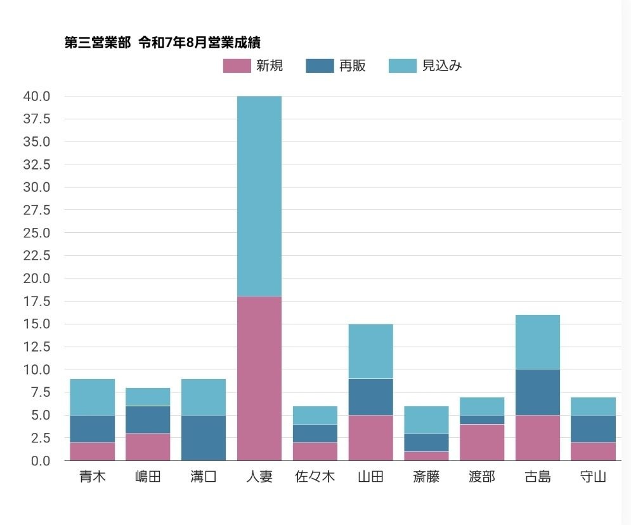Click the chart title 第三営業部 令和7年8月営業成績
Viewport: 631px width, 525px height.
click(163, 43)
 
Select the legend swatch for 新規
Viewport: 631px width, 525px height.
click(237, 66)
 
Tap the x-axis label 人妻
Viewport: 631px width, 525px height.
click(259, 477)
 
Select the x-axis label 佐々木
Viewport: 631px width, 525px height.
click(315, 477)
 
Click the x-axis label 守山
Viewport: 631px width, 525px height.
click(593, 477)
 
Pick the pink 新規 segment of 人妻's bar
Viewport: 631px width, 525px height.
click(259, 378)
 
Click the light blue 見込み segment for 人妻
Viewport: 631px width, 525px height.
click(259, 196)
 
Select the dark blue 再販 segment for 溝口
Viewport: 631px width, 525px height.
click(204, 438)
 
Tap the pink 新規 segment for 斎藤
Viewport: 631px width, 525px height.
click(426, 456)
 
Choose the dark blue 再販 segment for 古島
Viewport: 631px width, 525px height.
click(538, 392)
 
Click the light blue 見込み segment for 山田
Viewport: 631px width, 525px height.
click(371, 351)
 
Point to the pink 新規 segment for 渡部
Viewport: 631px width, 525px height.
click(482, 442)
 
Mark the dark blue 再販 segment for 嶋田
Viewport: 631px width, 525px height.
click(148, 420)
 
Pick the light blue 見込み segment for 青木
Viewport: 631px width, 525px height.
click(93, 397)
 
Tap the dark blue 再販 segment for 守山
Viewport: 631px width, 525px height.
click(593, 429)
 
